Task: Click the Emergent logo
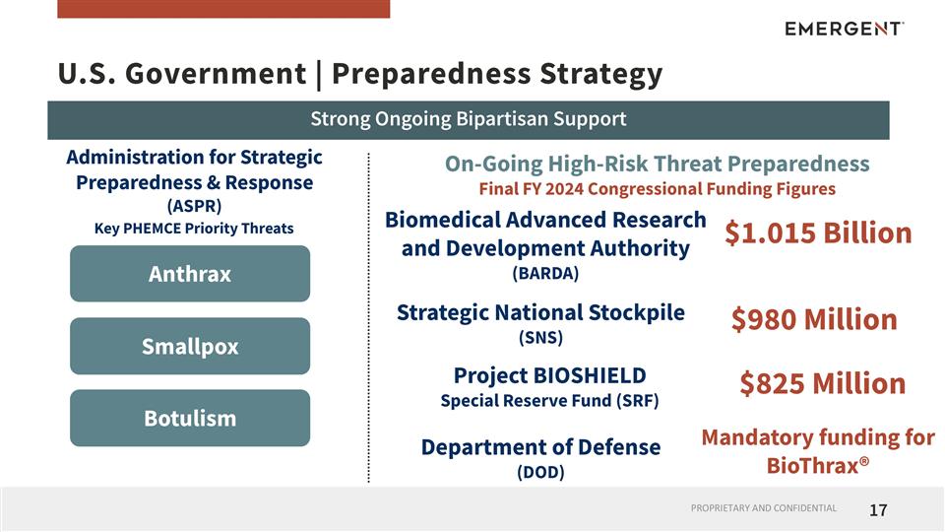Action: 844,29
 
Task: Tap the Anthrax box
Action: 190,274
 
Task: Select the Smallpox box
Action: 190,347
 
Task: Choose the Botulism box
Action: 190,418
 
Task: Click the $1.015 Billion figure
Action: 818,233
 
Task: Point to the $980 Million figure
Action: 814,319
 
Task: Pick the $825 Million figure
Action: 822,383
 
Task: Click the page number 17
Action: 878,510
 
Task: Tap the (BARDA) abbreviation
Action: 545,273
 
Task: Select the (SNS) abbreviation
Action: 540,337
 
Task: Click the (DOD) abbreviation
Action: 540,472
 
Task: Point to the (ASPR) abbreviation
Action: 194,206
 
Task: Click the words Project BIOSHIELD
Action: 549,375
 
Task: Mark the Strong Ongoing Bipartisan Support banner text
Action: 469,119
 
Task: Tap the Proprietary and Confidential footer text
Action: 763,508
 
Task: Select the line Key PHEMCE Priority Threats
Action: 194,229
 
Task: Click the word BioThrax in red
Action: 813,465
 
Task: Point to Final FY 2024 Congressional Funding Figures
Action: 657,188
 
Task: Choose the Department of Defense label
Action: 540,447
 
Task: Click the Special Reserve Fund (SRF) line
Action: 549,401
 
